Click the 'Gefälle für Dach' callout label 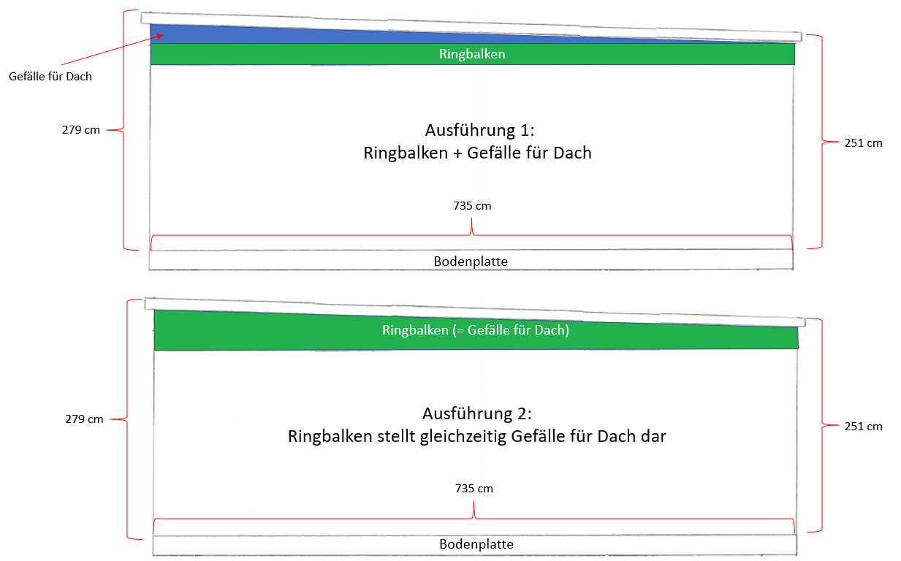pos(50,75)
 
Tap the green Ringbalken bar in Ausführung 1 pos(292,54)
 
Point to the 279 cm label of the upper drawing pos(81,131)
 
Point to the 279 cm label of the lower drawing pos(84,419)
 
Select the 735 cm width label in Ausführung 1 pos(472,206)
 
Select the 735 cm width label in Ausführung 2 pos(474,488)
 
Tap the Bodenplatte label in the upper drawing pos(471,260)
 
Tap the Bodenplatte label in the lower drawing pos(476,544)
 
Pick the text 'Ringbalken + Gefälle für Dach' pos(477,154)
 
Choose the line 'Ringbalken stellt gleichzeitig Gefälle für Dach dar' pos(477,437)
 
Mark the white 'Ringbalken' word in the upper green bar pos(472,54)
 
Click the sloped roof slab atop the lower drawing pos(475,311)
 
